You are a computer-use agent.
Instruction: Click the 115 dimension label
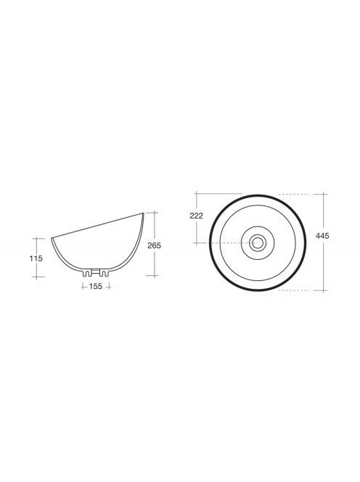pos(36,258)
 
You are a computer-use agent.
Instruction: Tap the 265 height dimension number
pos(154,245)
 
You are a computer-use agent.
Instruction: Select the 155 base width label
pos(96,287)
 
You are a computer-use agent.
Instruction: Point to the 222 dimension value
pos(196,216)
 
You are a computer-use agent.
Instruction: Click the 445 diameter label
pos(322,236)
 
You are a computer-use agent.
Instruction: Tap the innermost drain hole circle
pos(258,243)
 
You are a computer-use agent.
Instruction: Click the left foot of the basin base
pos(88,273)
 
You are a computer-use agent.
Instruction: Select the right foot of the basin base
pos(105,273)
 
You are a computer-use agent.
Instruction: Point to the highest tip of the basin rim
pos(143,213)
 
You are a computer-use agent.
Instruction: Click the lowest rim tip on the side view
pos(52,238)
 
